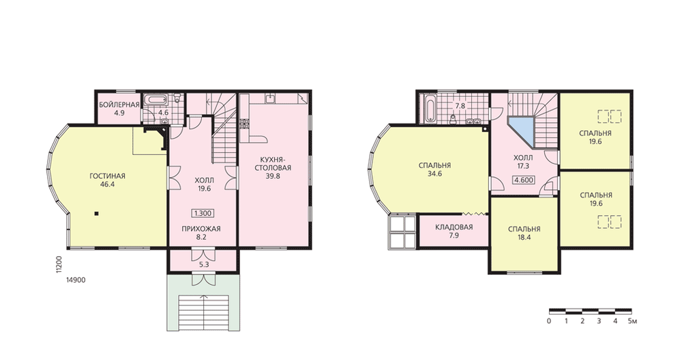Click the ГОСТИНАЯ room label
coord(107,176)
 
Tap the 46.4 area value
coord(107,184)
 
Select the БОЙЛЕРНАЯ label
coord(119,105)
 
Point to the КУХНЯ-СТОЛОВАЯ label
coord(273,163)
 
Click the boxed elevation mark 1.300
coord(203,214)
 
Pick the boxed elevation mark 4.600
coord(524,180)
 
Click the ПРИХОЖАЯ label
coord(201,229)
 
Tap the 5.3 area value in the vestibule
coord(203,264)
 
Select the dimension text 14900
coord(76,280)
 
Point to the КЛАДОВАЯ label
coord(454,227)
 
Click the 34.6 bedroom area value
coord(434,173)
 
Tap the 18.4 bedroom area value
coord(524,238)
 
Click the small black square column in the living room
coord(97,214)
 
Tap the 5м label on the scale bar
coord(632,322)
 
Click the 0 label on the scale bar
coord(549,322)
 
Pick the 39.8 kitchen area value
coord(273,176)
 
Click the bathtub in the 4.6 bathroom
coord(154,100)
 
